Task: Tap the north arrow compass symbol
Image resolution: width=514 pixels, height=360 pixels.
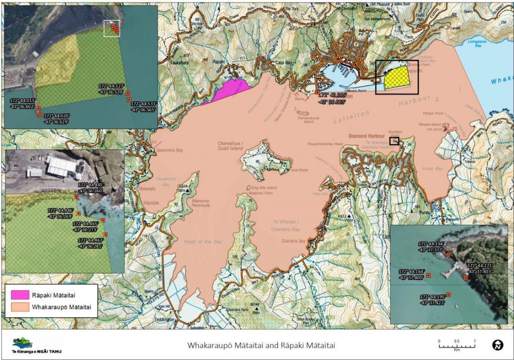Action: pyautogui.click(x=497, y=345)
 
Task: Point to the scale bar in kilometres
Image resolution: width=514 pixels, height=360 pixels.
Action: pyautogui.click(x=457, y=343)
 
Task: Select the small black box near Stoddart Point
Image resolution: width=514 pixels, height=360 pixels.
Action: pyautogui.click(x=395, y=141)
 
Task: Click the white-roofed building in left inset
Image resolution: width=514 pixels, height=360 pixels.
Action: pyautogui.click(x=61, y=166)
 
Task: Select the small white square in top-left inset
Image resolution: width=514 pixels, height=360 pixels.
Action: pyautogui.click(x=111, y=29)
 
